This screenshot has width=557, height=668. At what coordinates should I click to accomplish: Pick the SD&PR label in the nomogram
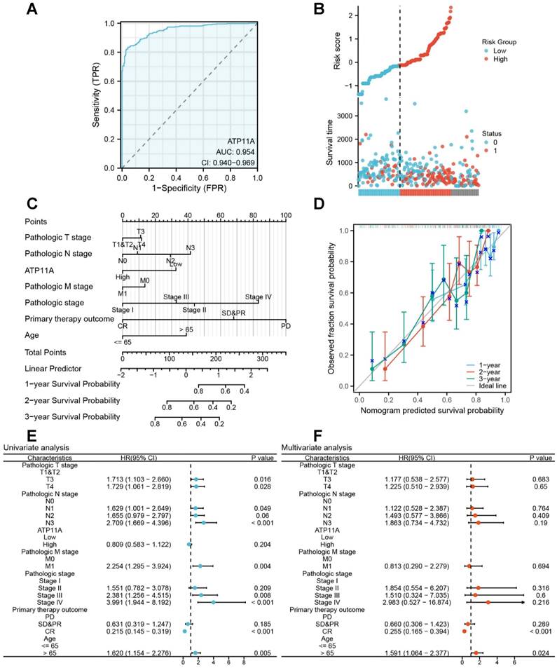pyautogui.click(x=234, y=313)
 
